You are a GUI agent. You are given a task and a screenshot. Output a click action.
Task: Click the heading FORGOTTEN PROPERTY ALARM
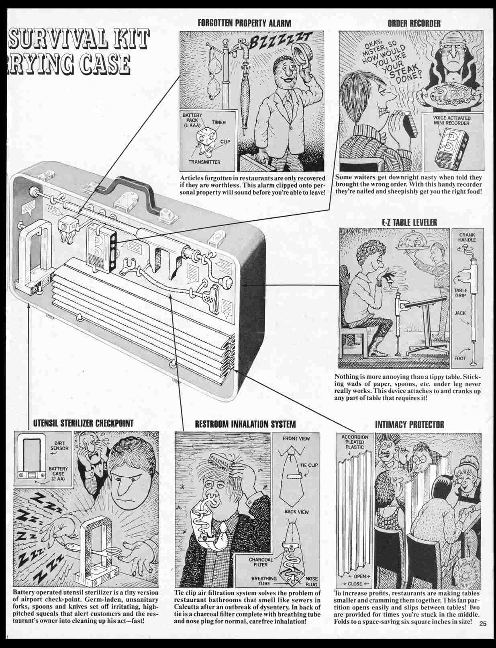(244, 23)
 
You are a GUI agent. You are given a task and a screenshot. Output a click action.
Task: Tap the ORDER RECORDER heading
(414, 23)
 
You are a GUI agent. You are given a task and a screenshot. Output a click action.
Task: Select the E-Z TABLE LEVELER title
(409, 222)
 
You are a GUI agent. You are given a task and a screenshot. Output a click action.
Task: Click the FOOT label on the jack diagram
(460, 358)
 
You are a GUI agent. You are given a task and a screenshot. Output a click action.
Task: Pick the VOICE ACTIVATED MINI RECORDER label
(451, 121)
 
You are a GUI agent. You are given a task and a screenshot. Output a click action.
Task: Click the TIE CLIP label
(308, 465)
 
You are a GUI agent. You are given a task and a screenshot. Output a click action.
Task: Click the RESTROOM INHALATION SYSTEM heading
(245, 424)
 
